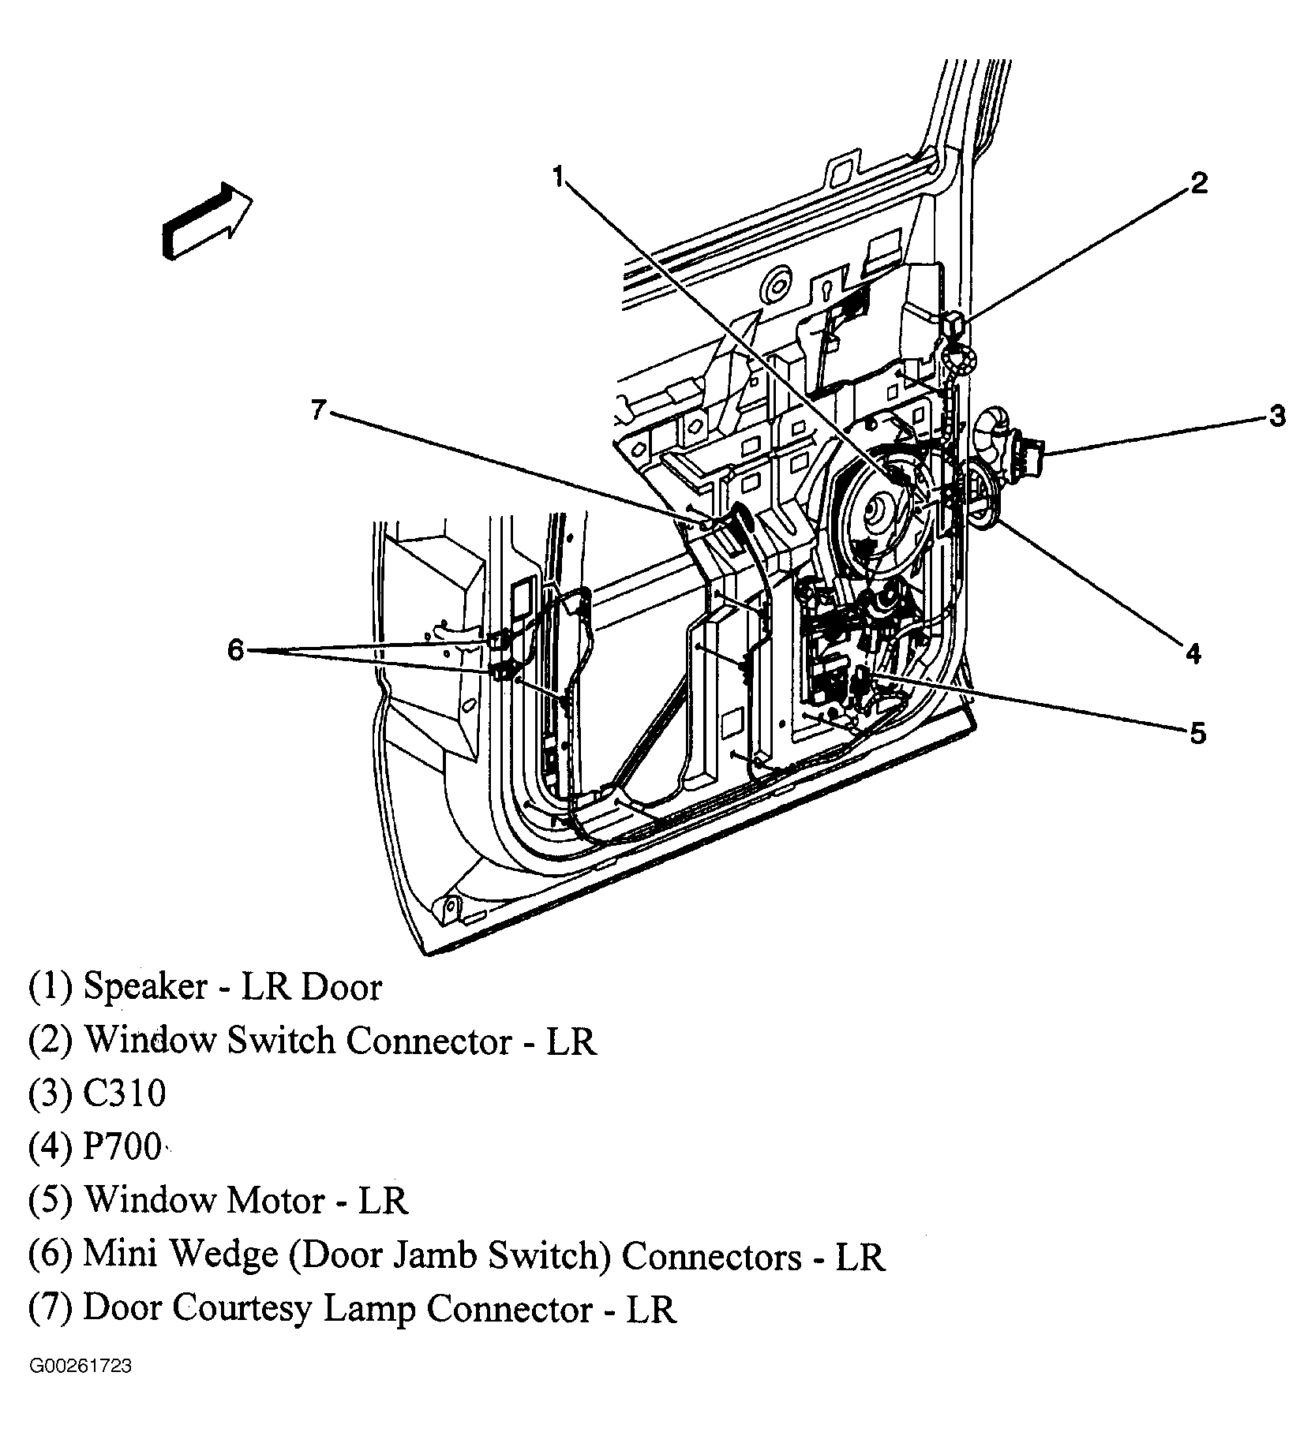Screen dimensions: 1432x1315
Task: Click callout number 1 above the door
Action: click(x=558, y=177)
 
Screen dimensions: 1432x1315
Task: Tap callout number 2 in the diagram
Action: click(x=1199, y=184)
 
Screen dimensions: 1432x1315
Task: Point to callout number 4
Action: click(x=1193, y=653)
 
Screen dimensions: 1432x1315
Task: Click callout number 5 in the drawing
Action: click(x=1198, y=734)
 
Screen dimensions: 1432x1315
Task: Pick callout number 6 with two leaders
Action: click(x=236, y=651)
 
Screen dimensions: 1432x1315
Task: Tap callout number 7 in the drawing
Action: click(x=318, y=410)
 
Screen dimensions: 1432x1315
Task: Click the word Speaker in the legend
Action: click(x=145, y=987)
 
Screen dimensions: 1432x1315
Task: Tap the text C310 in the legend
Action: click(x=125, y=1094)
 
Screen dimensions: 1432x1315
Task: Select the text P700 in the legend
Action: click(x=122, y=1148)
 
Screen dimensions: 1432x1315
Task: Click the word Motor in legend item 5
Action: click(x=275, y=1201)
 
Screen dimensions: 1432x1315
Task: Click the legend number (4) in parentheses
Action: click(x=51, y=1148)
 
